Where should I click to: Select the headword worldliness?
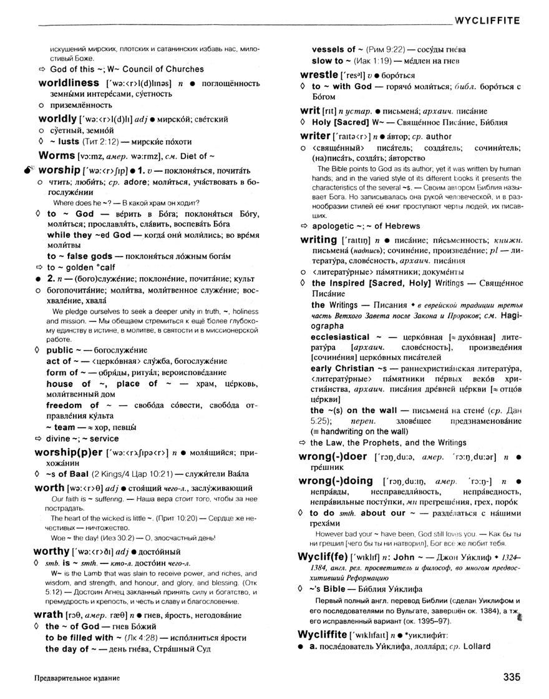pyautogui.click(x=69, y=83)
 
